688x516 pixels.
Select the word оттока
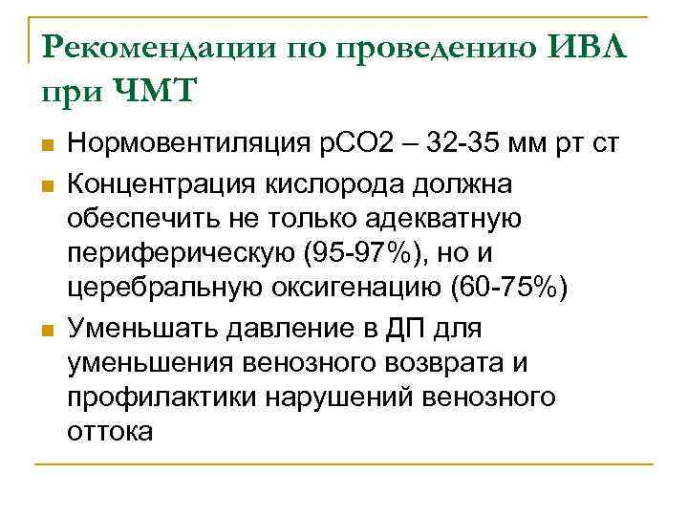point(110,432)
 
